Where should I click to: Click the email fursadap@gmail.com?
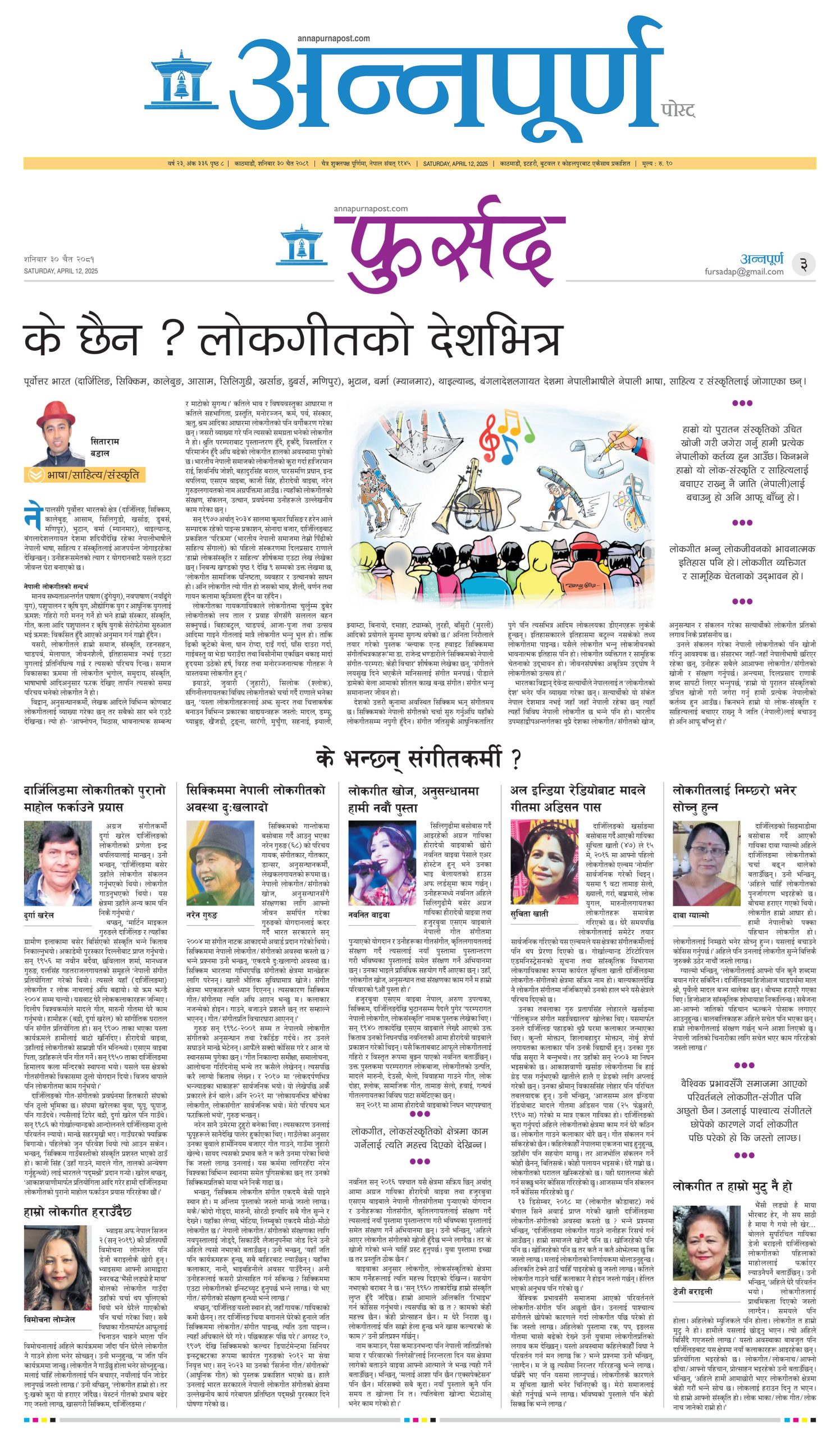pos(743,272)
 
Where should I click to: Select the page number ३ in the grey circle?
pos(803,264)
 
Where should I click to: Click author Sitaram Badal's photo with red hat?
pos(56,433)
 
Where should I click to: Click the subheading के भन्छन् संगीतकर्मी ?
pos(419,759)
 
